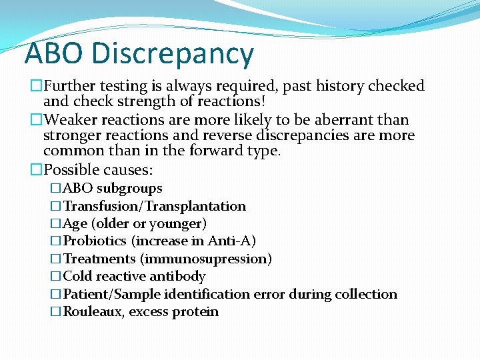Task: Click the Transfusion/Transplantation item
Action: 154,206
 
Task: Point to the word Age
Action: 75,223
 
